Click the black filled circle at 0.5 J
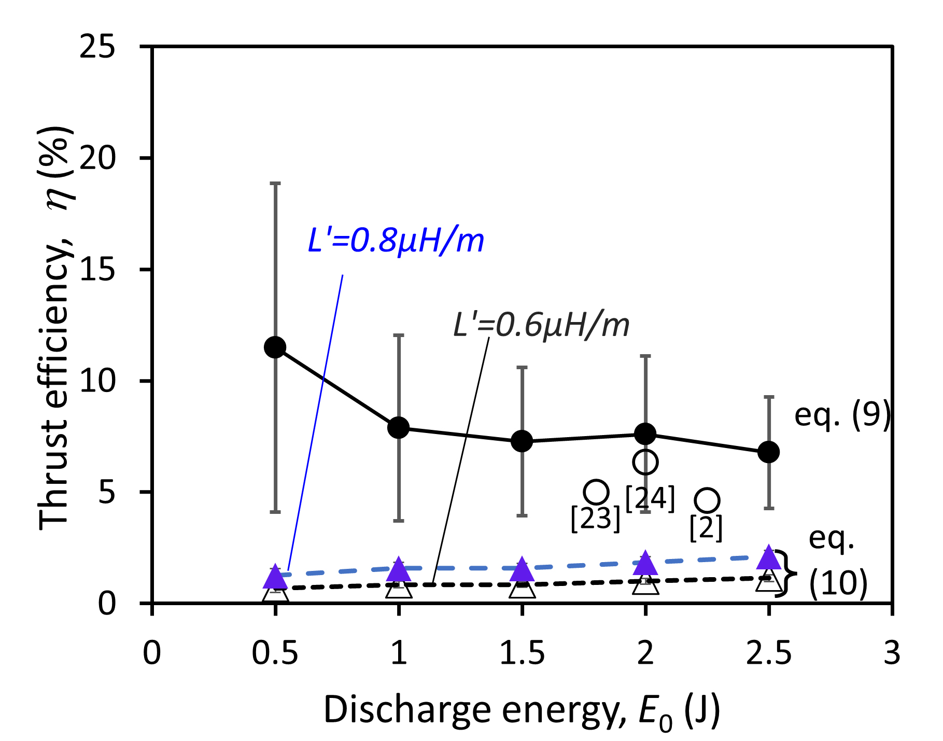coord(275,347)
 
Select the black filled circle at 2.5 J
coord(768,452)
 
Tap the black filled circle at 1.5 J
coord(522,441)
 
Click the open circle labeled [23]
coord(596,492)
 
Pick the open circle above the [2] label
coord(707,500)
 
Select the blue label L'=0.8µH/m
coord(396,241)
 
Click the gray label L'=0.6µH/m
coord(541,326)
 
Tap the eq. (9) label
coord(842,415)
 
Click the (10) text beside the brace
coord(838,583)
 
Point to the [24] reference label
coord(650,498)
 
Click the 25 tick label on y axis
coord(97,47)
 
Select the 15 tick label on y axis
coord(97,270)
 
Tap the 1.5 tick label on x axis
coord(522,653)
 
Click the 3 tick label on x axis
coord(892,653)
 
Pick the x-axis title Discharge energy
coord(522,710)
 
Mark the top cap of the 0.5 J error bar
coord(275,183)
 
